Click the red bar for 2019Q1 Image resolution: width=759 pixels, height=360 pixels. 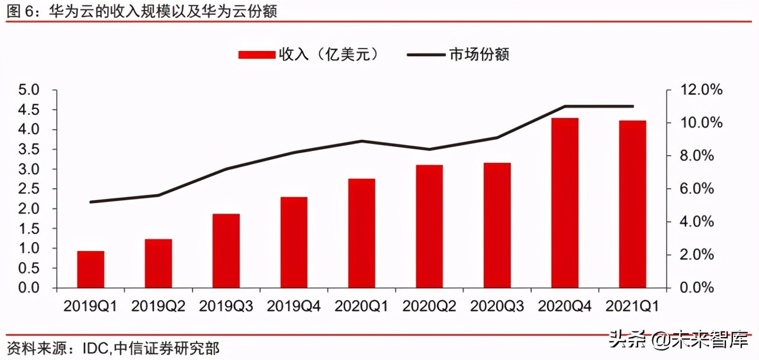pyautogui.click(x=91, y=269)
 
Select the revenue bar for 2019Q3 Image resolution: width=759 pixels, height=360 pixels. pyautogui.click(x=226, y=251)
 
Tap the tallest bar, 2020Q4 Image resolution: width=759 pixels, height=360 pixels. pyautogui.click(x=565, y=203)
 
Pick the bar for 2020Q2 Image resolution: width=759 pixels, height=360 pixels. pyautogui.click(x=429, y=226)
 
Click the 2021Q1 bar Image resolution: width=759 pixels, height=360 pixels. pyautogui.click(x=632, y=204)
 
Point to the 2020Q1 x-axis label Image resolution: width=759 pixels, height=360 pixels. pyautogui.click(x=362, y=306)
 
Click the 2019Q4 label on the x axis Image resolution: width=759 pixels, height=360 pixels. pyautogui.click(x=294, y=306)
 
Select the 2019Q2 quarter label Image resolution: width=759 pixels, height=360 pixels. pyautogui.click(x=159, y=306)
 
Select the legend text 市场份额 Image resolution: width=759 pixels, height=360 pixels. pyautogui.click(x=480, y=54)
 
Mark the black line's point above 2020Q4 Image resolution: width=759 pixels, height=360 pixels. pyautogui.click(x=565, y=107)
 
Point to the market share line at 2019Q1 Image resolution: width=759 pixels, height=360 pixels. pyautogui.click(x=91, y=202)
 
